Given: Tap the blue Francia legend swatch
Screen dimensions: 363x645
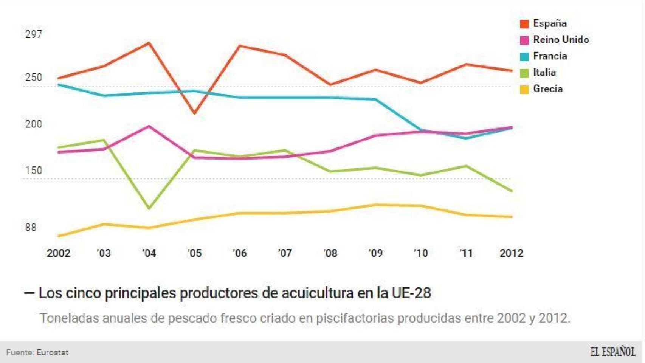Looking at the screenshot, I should (524, 57).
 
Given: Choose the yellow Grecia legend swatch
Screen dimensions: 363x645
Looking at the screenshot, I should (524, 90).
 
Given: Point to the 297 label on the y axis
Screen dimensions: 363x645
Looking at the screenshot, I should (34, 34).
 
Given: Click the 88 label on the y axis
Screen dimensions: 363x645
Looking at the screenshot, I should (31, 228).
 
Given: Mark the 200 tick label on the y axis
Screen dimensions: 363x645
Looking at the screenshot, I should (34, 124).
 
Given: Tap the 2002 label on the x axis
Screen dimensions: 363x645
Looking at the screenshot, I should (59, 253).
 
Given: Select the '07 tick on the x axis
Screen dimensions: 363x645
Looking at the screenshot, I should (285, 253).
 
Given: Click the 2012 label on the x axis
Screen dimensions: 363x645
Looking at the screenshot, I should (511, 253).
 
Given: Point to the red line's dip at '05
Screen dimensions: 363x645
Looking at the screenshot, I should (194, 113).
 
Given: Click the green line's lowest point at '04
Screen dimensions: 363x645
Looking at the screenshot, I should (149, 208).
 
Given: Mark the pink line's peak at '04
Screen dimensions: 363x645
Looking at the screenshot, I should (149, 126).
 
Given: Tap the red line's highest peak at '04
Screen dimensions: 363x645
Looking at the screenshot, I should (149, 43).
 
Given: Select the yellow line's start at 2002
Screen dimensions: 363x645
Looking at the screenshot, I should (59, 236).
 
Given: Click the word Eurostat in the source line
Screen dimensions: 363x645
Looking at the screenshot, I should (52, 353).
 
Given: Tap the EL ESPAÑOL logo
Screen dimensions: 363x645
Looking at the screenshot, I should (612, 352).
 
